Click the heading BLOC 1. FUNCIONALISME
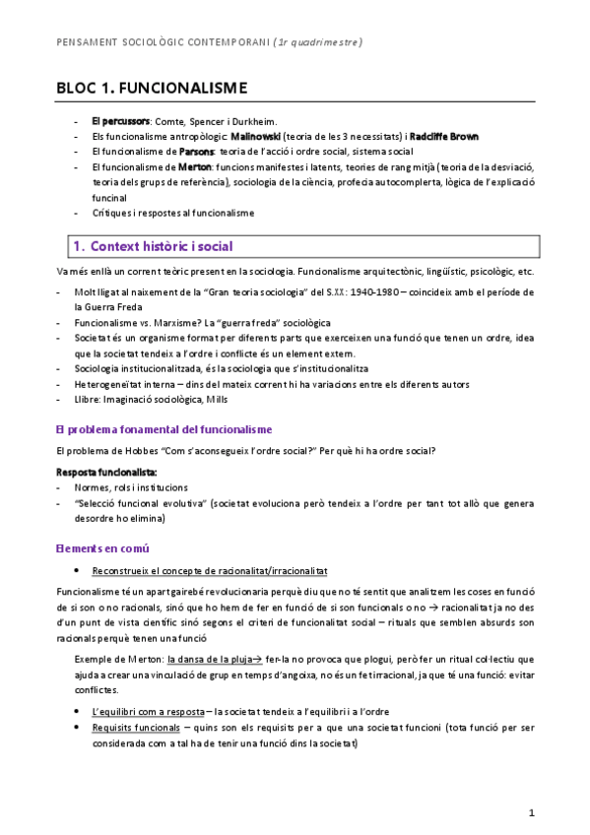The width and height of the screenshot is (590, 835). pyautogui.click(x=152, y=88)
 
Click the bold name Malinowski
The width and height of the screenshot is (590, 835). pyautogui.click(x=258, y=136)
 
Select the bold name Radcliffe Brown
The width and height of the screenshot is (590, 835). pyautogui.click(x=444, y=136)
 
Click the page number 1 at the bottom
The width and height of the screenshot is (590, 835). pyautogui.click(x=531, y=812)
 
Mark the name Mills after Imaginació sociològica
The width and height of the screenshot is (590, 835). pyautogui.click(x=221, y=399)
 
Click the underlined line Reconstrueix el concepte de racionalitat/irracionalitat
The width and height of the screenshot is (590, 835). pyautogui.click(x=210, y=571)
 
